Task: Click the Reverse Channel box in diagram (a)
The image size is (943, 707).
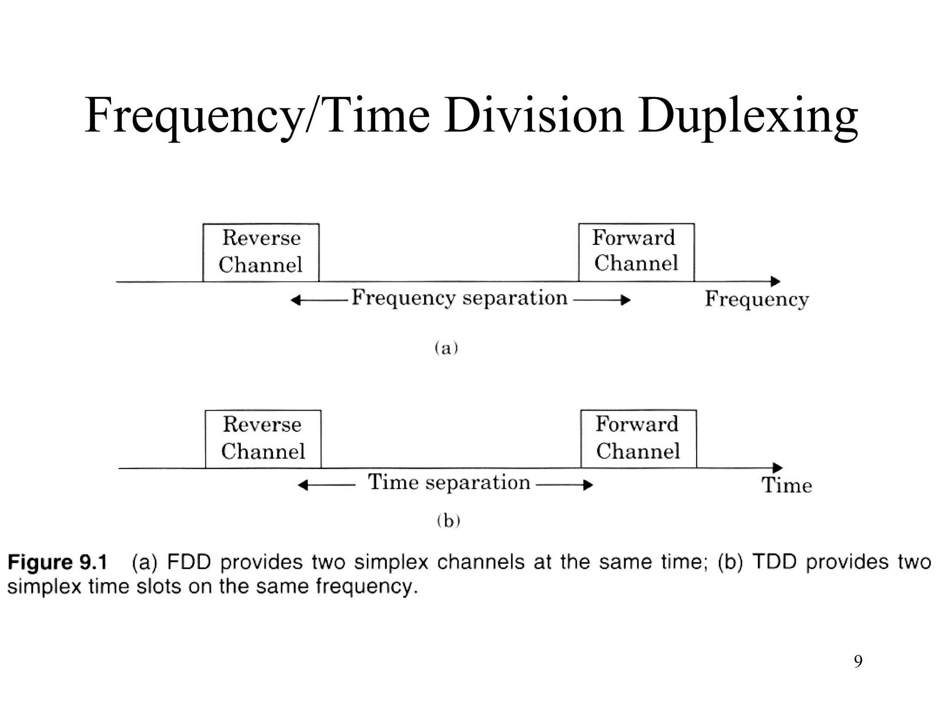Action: pyautogui.click(x=261, y=252)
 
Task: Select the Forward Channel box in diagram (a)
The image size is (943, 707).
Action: pyautogui.click(x=636, y=252)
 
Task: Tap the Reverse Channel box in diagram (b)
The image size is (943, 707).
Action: pyautogui.click(x=263, y=439)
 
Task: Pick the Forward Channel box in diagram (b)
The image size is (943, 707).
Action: pyautogui.click(x=638, y=438)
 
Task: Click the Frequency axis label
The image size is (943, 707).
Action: pyautogui.click(x=757, y=299)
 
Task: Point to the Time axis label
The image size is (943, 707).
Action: pyautogui.click(x=786, y=485)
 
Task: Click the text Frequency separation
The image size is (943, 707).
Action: pyautogui.click(x=459, y=298)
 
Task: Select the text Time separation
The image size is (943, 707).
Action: pyautogui.click(x=449, y=482)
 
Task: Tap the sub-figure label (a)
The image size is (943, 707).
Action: pyautogui.click(x=446, y=348)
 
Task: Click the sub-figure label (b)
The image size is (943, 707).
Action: pyautogui.click(x=448, y=521)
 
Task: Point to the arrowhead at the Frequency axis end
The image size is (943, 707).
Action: pyautogui.click(x=776, y=281)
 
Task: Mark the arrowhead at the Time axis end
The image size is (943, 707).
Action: pyautogui.click(x=778, y=468)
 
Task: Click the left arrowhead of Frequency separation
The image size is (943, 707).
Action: pyautogui.click(x=296, y=301)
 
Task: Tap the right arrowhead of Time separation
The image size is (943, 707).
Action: pyautogui.click(x=588, y=485)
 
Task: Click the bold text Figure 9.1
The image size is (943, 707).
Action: pyautogui.click(x=58, y=562)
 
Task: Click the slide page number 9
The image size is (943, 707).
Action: pyautogui.click(x=858, y=661)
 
